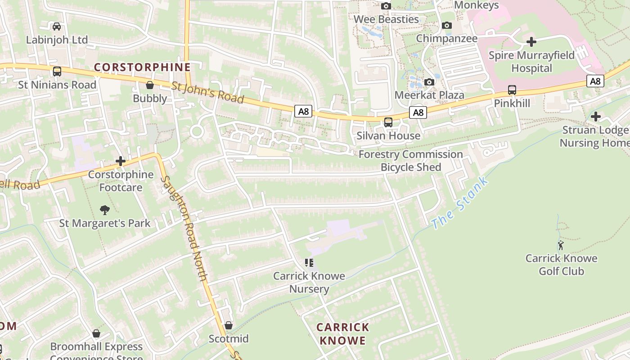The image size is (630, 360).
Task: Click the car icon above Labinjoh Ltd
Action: [57, 26]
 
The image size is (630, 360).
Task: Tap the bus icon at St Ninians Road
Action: [57, 72]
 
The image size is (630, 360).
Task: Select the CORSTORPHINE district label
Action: [142, 67]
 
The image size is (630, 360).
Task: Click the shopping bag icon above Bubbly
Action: [150, 85]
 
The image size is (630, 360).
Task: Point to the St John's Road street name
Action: [207, 92]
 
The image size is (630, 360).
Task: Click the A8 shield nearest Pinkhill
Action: [595, 81]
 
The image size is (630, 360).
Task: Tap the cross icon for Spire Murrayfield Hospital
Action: [531, 42]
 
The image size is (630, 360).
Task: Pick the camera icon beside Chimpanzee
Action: [447, 25]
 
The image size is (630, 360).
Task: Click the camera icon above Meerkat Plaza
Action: [429, 82]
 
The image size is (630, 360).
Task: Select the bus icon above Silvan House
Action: [388, 122]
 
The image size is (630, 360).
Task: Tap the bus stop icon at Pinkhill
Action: [512, 90]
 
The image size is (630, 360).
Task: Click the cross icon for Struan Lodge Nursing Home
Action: [596, 117]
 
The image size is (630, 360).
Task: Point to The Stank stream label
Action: [459, 203]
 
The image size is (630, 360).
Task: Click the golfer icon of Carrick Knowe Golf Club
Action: [561, 245]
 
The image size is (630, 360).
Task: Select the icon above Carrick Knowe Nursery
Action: [309, 262]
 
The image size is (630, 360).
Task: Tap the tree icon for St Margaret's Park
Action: [105, 210]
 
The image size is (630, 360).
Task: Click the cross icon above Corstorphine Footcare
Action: [120, 161]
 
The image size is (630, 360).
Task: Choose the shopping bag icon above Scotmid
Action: [229, 325]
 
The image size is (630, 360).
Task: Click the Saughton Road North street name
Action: [184, 229]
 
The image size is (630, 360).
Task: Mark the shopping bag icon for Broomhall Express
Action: [96, 333]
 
